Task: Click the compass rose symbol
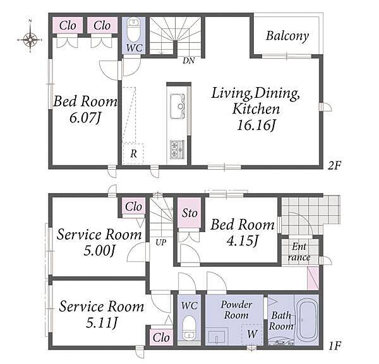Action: coord(30,38)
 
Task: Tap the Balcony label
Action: coord(287,36)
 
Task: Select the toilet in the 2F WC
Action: coord(133,31)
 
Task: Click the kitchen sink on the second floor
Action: coord(177,107)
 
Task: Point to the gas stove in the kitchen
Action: coord(177,150)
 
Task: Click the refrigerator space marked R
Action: coord(133,154)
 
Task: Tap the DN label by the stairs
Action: coord(188,61)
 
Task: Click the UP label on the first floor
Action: coord(160,242)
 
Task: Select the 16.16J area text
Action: coord(256,126)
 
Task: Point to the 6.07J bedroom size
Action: coord(85,118)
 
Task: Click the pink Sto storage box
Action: coord(189,213)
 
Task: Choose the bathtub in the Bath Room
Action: coord(307,320)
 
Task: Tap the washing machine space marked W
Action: coord(252,334)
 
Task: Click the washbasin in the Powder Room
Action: coord(217,336)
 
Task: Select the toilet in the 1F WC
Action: coord(189,327)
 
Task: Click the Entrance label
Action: coord(299,252)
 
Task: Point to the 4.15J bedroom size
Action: coord(243,241)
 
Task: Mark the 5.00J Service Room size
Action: coord(99,250)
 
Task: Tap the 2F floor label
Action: coord(334,165)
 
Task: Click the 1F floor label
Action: coord(335,346)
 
